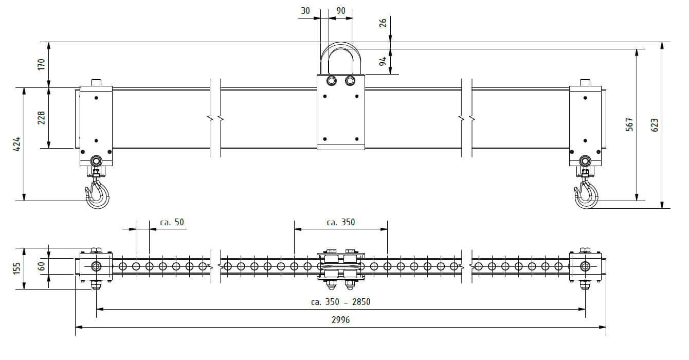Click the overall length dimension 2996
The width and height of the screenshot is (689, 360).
click(x=340, y=320)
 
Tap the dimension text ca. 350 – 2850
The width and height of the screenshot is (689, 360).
click(x=340, y=302)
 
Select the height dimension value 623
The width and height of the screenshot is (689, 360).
click(x=655, y=125)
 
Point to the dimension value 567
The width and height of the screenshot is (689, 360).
click(x=629, y=124)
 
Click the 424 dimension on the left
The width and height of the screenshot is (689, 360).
click(x=16, y=144)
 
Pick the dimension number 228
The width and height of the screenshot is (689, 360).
click(x=41, y=118)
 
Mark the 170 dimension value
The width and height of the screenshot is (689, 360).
click(x=41, y=64)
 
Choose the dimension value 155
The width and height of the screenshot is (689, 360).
click(x=16, y=268)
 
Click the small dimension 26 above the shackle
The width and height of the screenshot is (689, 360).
click(x=383, y=23)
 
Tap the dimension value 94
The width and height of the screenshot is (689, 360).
click(x=383, y=61)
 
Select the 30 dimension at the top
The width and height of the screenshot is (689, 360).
click(x=305, y=11)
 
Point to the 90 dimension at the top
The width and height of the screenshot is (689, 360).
click(x=341, y=11)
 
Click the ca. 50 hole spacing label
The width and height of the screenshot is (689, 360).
click(x=172, y=222)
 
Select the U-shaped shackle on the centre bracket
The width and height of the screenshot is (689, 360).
click(x=341, y=58)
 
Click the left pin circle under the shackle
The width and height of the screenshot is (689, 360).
click(x=331, y=81)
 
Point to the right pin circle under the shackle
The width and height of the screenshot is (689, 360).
click(x=350, y=81)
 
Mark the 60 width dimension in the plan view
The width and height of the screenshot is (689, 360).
click(x=41, y=266)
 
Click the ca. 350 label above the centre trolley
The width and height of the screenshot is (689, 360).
click(x=341, y=222)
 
